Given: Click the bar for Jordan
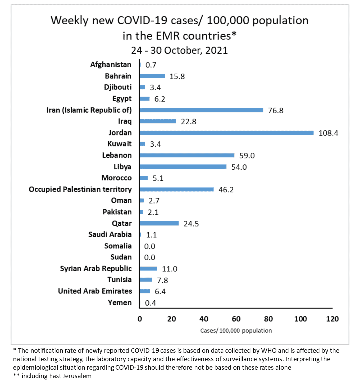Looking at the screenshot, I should (226, 133).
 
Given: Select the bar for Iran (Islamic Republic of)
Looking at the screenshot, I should (201, 110).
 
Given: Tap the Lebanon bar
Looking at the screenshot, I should (187, 155).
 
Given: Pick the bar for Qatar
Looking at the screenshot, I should (159, 223).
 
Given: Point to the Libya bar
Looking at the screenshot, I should (183, 167).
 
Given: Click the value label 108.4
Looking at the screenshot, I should (328, 133).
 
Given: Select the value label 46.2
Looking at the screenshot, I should (226, 190).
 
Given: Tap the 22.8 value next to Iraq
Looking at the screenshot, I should (188, 122).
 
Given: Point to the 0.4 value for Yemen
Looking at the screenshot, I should (150, 303).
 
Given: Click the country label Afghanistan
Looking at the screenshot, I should (111, 65).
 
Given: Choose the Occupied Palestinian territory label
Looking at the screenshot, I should (80, 189).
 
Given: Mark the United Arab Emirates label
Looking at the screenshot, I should (95, 291).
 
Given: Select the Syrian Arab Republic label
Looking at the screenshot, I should (96, 269).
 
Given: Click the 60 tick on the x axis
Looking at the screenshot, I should (236, 319).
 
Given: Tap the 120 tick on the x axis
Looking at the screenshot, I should (332, 319).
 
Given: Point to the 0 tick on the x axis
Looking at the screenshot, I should (140, 319).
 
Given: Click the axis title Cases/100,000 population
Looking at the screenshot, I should (236, 331).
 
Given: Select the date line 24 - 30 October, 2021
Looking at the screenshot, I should (179, 50).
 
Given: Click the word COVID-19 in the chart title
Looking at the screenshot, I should (142, 20).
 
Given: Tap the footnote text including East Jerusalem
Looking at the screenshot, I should (56, 376).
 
